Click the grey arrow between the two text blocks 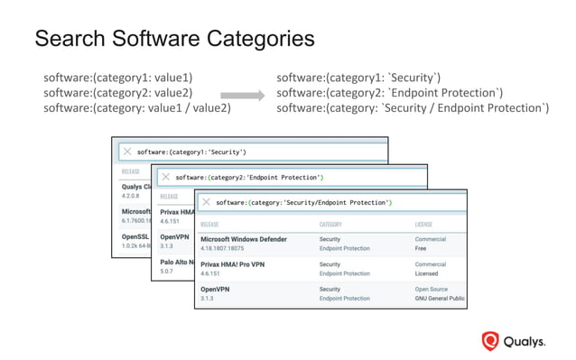[240, 94]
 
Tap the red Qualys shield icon [490, 341]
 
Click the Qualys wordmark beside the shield [525, 342]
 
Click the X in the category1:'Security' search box [127, 152]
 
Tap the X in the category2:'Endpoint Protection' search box [165, 178]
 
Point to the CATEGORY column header [335, 224]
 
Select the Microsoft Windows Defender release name [244, 239]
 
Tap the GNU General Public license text [440, 298]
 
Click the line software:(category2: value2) [117, 93]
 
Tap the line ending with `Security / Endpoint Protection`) [412, 108]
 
